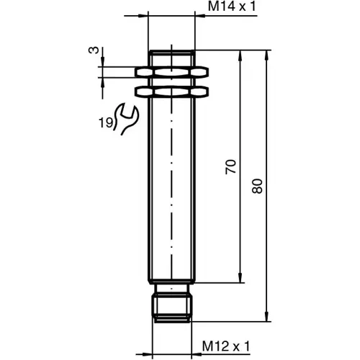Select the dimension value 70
230,167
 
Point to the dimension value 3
92,50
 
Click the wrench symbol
127,119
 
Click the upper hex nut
171,73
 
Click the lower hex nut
171,91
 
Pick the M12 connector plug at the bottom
171,303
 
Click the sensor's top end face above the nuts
171,52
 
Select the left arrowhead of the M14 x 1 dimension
144,14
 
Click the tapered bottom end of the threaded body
171,283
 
